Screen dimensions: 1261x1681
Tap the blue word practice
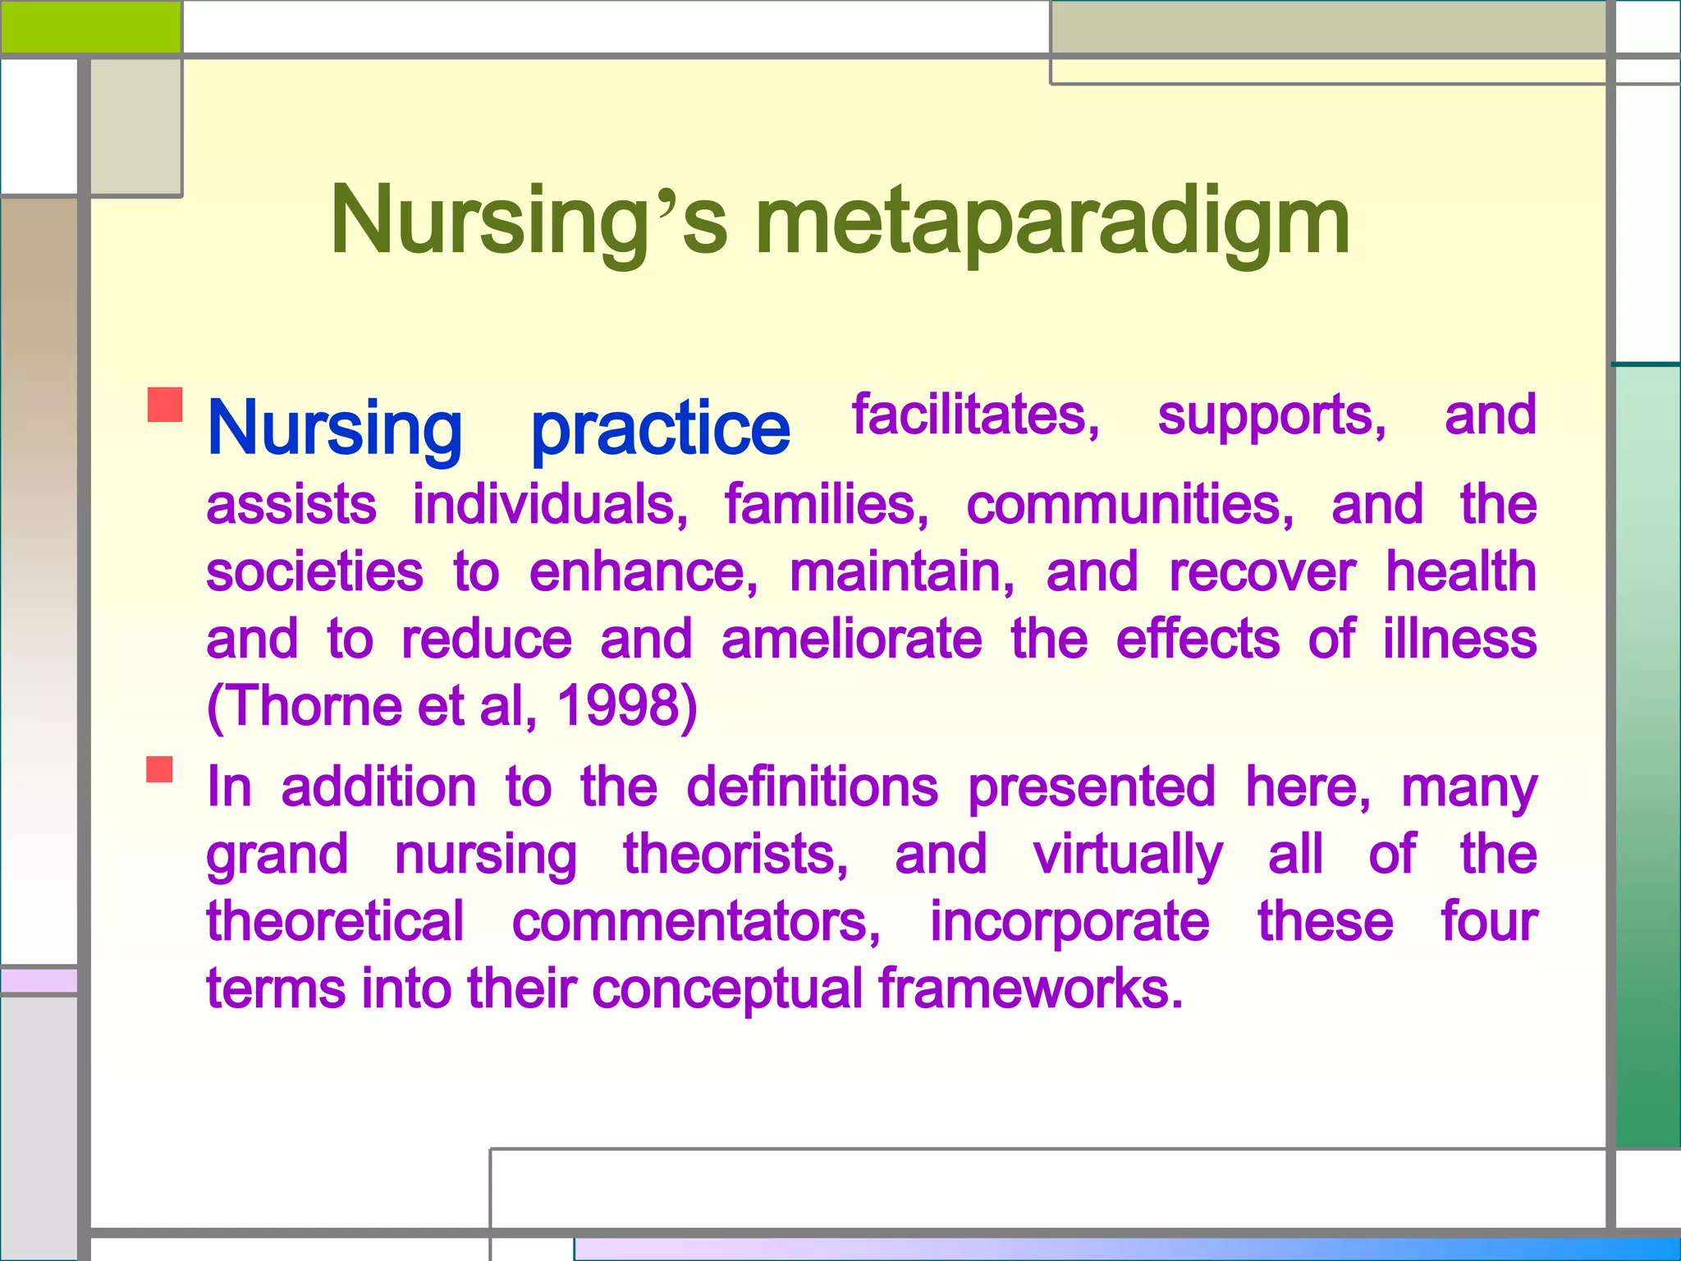[660, 429]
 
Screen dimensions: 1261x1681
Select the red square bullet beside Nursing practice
[164, 405]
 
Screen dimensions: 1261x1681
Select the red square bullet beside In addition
[160, 769]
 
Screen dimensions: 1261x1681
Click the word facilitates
[975, 415]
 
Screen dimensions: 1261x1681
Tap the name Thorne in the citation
[312, 705]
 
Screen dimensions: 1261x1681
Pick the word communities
[1129, 504]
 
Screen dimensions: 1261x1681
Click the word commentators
[696, 921]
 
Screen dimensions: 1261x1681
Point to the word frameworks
[1030, 988]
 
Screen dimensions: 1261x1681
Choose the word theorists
[735, 854]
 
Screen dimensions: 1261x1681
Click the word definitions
[812, 786]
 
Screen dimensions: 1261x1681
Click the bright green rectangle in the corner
[90, 26]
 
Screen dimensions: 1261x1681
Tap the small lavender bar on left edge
[39, 980]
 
